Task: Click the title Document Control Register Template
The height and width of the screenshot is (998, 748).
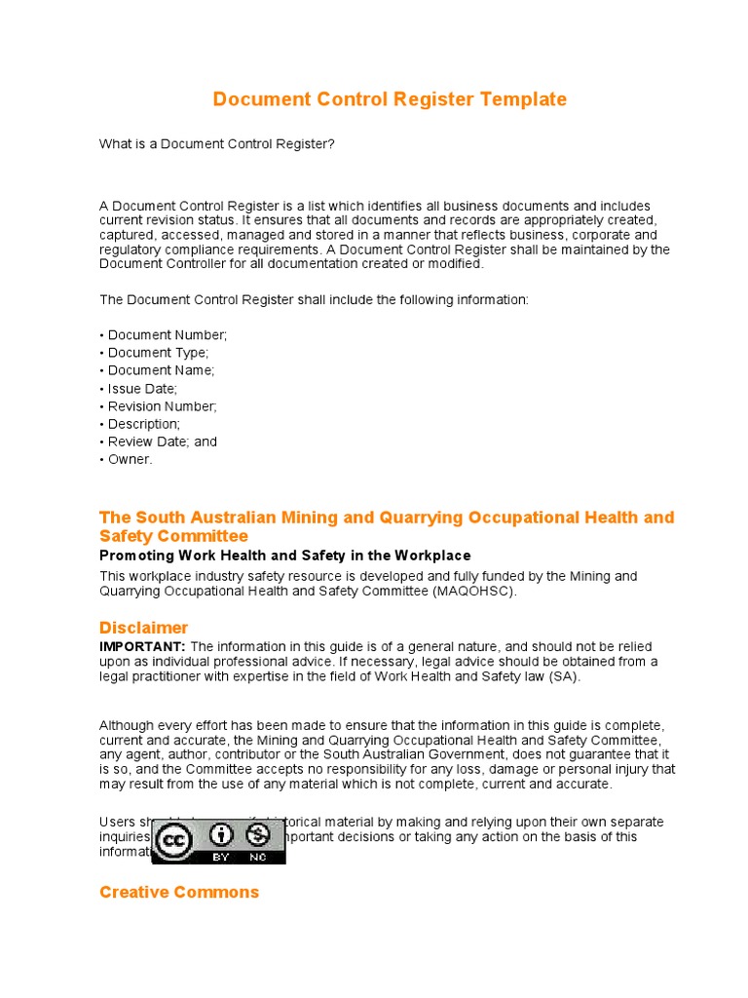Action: pyautogui.click(x=390, y=99)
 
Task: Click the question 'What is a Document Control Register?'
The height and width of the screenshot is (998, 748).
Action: pyautogui.click(x=217, y=144)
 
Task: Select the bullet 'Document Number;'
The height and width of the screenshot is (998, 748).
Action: pyautogui.click(x=164, y=335)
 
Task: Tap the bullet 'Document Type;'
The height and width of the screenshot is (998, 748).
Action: pyautogui.click(x=154, y=353)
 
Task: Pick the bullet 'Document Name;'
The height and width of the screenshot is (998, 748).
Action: pyautogui.click(x=157, y=370)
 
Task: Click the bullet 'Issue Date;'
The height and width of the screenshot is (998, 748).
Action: pyautogui.click(x=138, y=388)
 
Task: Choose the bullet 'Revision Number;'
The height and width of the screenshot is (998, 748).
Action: pyautogui.click(x=159, y=405)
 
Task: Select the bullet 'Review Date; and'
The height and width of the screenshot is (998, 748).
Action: pyautogui.click(x=159, y=441)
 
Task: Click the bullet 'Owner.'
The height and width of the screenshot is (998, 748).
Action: pyautogui.click(x=127, y=459)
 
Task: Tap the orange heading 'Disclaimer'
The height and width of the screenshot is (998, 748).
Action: pyautogui.click(x=144, y=628)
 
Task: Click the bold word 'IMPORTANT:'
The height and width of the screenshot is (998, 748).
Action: pyautogui.click(x=142, y=647)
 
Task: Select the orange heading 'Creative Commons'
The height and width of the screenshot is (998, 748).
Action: pyautogui.click(x=179, y=892)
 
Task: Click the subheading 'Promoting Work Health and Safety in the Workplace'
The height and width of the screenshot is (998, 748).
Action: pyautogui.click(x=272, y=556)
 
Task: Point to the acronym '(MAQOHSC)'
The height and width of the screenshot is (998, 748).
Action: pyautogui.click(x=475, y=591)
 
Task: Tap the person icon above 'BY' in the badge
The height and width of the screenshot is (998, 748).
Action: pyautogui.click(x=223, y=835)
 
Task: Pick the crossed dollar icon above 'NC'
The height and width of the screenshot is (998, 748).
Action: pyautogui.click(x=258, y=835)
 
